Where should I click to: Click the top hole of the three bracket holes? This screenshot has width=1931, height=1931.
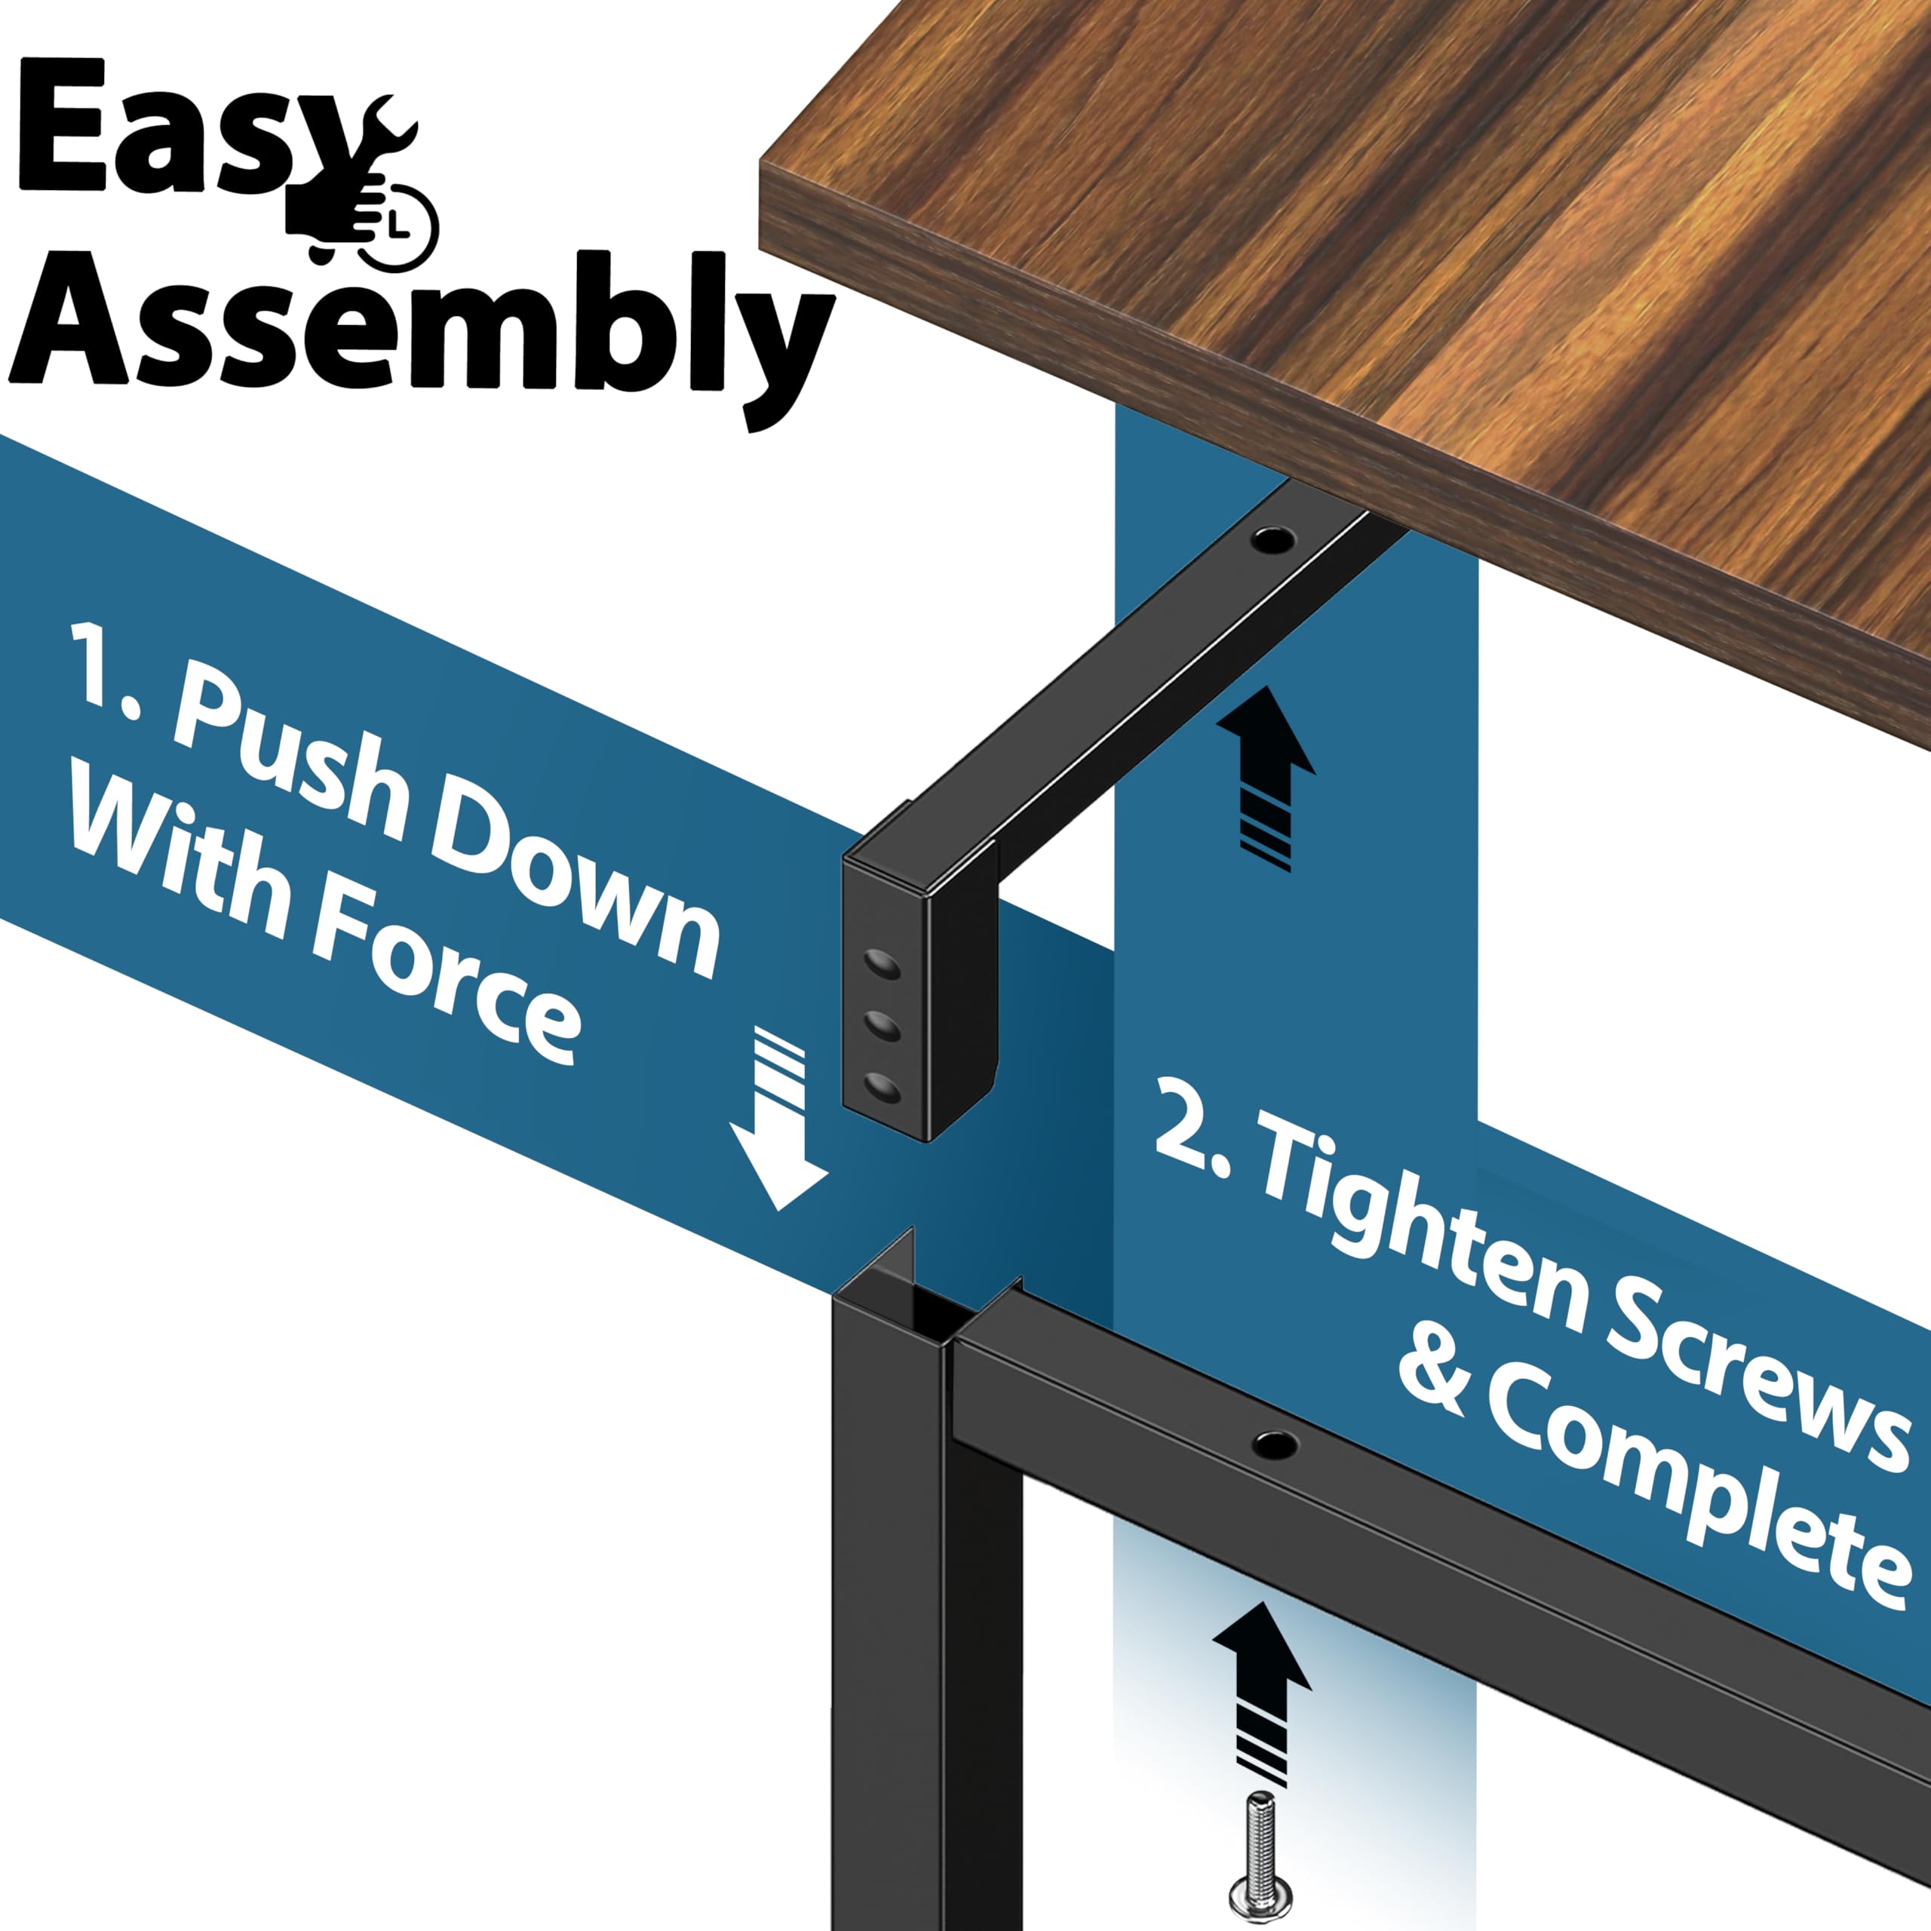pos(883,965)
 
